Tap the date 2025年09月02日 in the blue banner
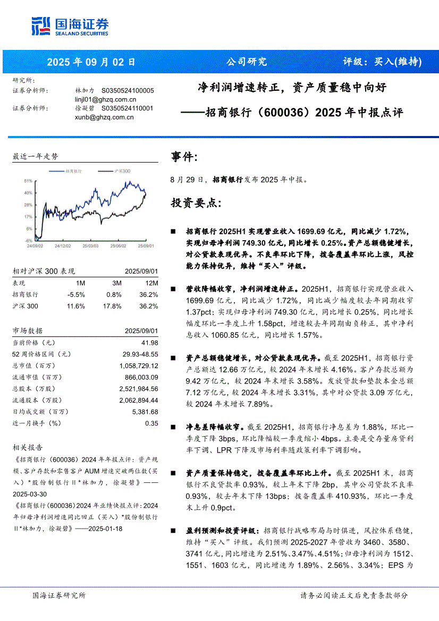click(91, 62)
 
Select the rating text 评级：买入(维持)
click(382, 62)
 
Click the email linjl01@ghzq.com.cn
click(106, 99)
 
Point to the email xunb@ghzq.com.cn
click(104, 117)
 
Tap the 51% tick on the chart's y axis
click(28, 181)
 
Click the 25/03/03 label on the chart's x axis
click(90, 246)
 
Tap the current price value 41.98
click(150, 343)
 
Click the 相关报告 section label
click(28, 448)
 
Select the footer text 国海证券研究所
click(58, 595)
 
